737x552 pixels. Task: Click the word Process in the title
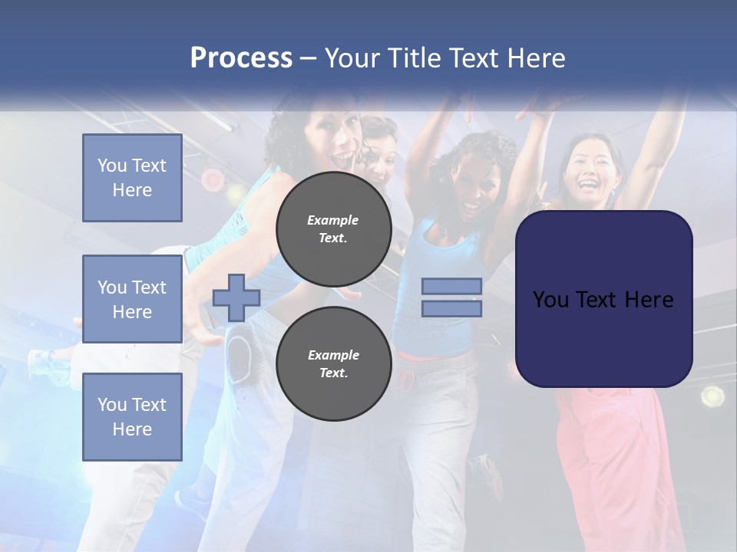[241, 58]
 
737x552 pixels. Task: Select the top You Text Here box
[132, 178]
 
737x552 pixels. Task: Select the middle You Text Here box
[132, 299]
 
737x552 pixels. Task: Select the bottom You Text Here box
[132, 417]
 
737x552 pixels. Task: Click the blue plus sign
[236, 297]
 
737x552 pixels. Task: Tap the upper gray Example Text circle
[333, 228]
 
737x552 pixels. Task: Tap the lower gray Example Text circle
[333, 364]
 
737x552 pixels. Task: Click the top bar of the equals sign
[451, 286]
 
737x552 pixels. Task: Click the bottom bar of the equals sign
[451, 308]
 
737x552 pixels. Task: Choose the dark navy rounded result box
[603, 299]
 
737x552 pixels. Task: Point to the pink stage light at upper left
[213, 180]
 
